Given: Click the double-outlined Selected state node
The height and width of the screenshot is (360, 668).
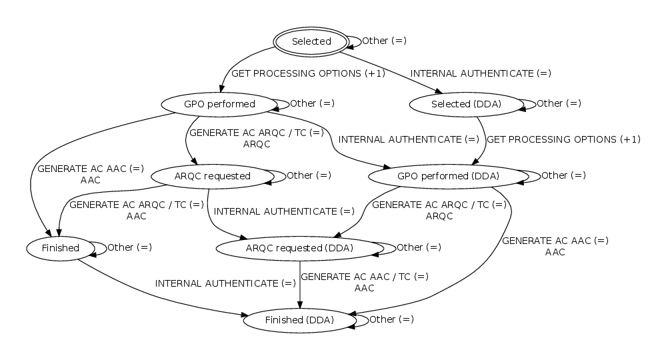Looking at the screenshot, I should coord(311,41).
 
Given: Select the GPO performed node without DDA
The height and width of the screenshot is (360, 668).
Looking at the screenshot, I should coord(219,104).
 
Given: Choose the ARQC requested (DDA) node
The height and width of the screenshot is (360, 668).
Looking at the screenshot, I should coord(299,248).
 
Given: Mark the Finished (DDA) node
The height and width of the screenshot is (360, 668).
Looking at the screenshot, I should coord(299,320).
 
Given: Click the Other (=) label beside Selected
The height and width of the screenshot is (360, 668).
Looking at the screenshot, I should coord(384,41).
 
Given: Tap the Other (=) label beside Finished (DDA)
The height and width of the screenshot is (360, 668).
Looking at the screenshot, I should coord(391,319).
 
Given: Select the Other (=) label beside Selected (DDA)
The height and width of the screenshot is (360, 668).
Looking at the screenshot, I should coord(559,103).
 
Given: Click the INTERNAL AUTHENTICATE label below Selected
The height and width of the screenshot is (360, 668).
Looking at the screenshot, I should coord(481,73).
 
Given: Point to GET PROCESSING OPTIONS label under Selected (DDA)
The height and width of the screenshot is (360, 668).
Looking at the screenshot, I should coord(563,140).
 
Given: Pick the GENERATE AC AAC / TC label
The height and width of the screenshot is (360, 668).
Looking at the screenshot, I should coord(365,277).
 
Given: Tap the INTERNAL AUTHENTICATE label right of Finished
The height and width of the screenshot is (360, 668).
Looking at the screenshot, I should coord(225,283).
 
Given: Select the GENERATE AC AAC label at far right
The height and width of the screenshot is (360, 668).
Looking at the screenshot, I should coord(555,241).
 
